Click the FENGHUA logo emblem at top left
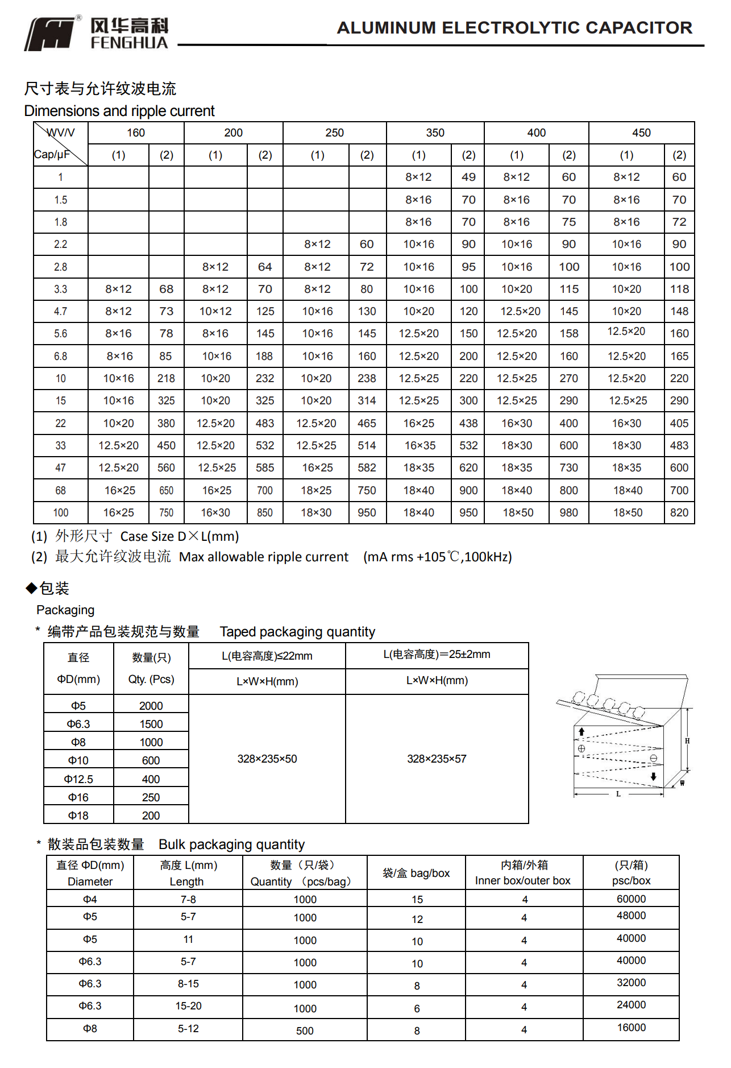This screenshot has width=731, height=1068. pyautogui.click(x=49, y=34)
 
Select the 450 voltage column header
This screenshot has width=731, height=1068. pyautogui.click(x=641, y=133)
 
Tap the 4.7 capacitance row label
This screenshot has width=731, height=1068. pyautogui.click(x=60, y=312)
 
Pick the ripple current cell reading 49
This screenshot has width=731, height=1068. pyautogui.click(x=468, y=177)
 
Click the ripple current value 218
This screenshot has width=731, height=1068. pyautogui.click(x=166, y=378)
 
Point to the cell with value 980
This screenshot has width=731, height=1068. pyautogui.click(x=568, y=512)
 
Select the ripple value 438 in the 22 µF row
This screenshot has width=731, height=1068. pyautogui.click(x=468, y=423)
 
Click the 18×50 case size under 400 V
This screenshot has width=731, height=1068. pyautogui.click(x=518, y=512)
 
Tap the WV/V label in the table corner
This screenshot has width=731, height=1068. pyautogui.click(x=61, y=133)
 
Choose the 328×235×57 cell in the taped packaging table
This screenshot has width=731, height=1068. pyautogui.click(x=437, y=759)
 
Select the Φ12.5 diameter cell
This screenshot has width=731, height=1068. pyautogui.click(x=78, y=779)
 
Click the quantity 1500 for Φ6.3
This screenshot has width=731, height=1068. pyautogui.click(x=151, y=724)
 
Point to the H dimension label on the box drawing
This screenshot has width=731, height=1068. pyautogui.click(x=687, y=741)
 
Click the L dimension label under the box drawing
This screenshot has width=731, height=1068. pyautogui.click(x=618, y=794)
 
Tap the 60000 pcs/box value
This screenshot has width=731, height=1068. pyautogui.click(x=631, y=899)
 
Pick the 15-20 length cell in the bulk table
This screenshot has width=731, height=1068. pyautogui.click(x=188, y=1006)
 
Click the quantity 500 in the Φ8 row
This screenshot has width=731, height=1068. pyautogui.click(x=305, y=1030)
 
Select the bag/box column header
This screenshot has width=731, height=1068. pyautogui.click(x=416, y=873)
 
